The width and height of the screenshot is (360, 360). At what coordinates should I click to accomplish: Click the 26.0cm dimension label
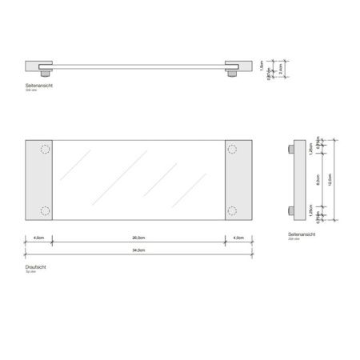pos(138,238)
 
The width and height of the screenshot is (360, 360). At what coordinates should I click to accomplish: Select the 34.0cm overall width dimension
pos(138,252)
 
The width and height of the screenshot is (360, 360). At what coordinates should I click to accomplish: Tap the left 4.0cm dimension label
pos(39,238)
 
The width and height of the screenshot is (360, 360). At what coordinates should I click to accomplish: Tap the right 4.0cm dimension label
pos(238,238)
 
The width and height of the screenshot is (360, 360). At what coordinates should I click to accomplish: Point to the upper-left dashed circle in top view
pos(43,149)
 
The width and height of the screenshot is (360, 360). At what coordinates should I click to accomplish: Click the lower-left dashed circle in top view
pos(43,212)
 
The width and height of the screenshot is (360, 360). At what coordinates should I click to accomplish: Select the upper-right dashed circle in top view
pos(233,149)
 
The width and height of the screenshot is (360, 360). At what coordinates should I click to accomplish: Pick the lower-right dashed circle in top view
pos(233,212)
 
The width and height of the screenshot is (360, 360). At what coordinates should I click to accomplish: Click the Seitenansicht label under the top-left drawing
pos(39,85)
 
